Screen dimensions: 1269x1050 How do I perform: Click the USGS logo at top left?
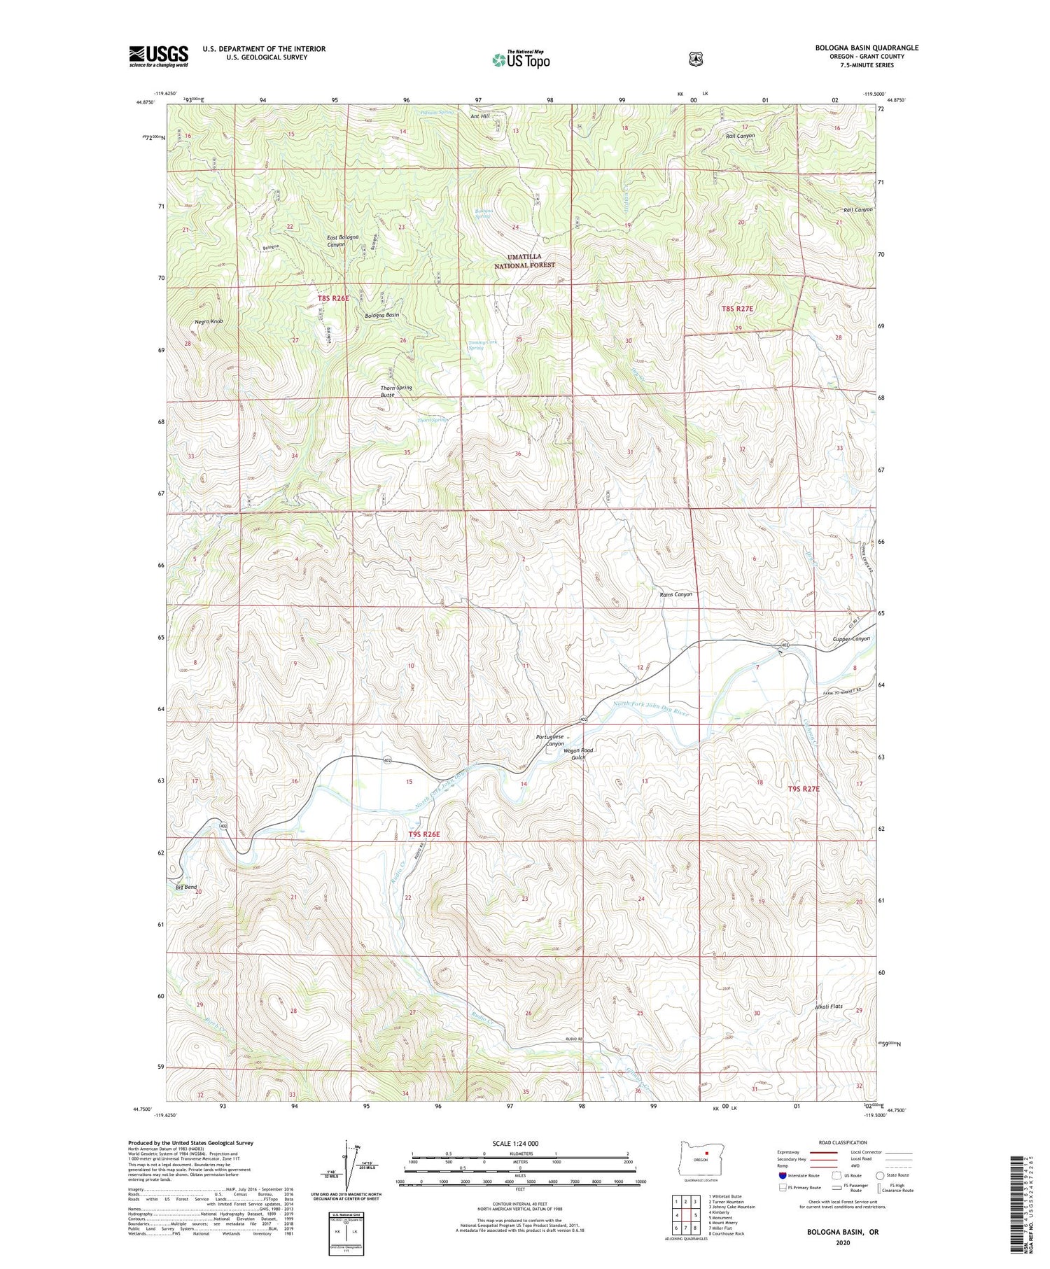[x=158, y=56]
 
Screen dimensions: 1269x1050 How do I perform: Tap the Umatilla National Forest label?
[x=524, y=261]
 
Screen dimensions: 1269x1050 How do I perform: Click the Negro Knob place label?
[x=209, y=321]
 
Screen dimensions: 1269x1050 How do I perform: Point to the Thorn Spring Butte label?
[x=395, y=391]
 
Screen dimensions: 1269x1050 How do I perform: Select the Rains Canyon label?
[x=675, y=594]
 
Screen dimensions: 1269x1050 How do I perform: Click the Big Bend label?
[x=185, y=887]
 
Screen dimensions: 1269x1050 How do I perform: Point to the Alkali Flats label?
[x=828, y=1007]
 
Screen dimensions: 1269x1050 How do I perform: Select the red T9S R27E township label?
[x=803, y=788]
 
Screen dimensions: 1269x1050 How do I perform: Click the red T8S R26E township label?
[x=332, y=298]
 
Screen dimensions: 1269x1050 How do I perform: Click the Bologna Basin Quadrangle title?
[x=866, y=48]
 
